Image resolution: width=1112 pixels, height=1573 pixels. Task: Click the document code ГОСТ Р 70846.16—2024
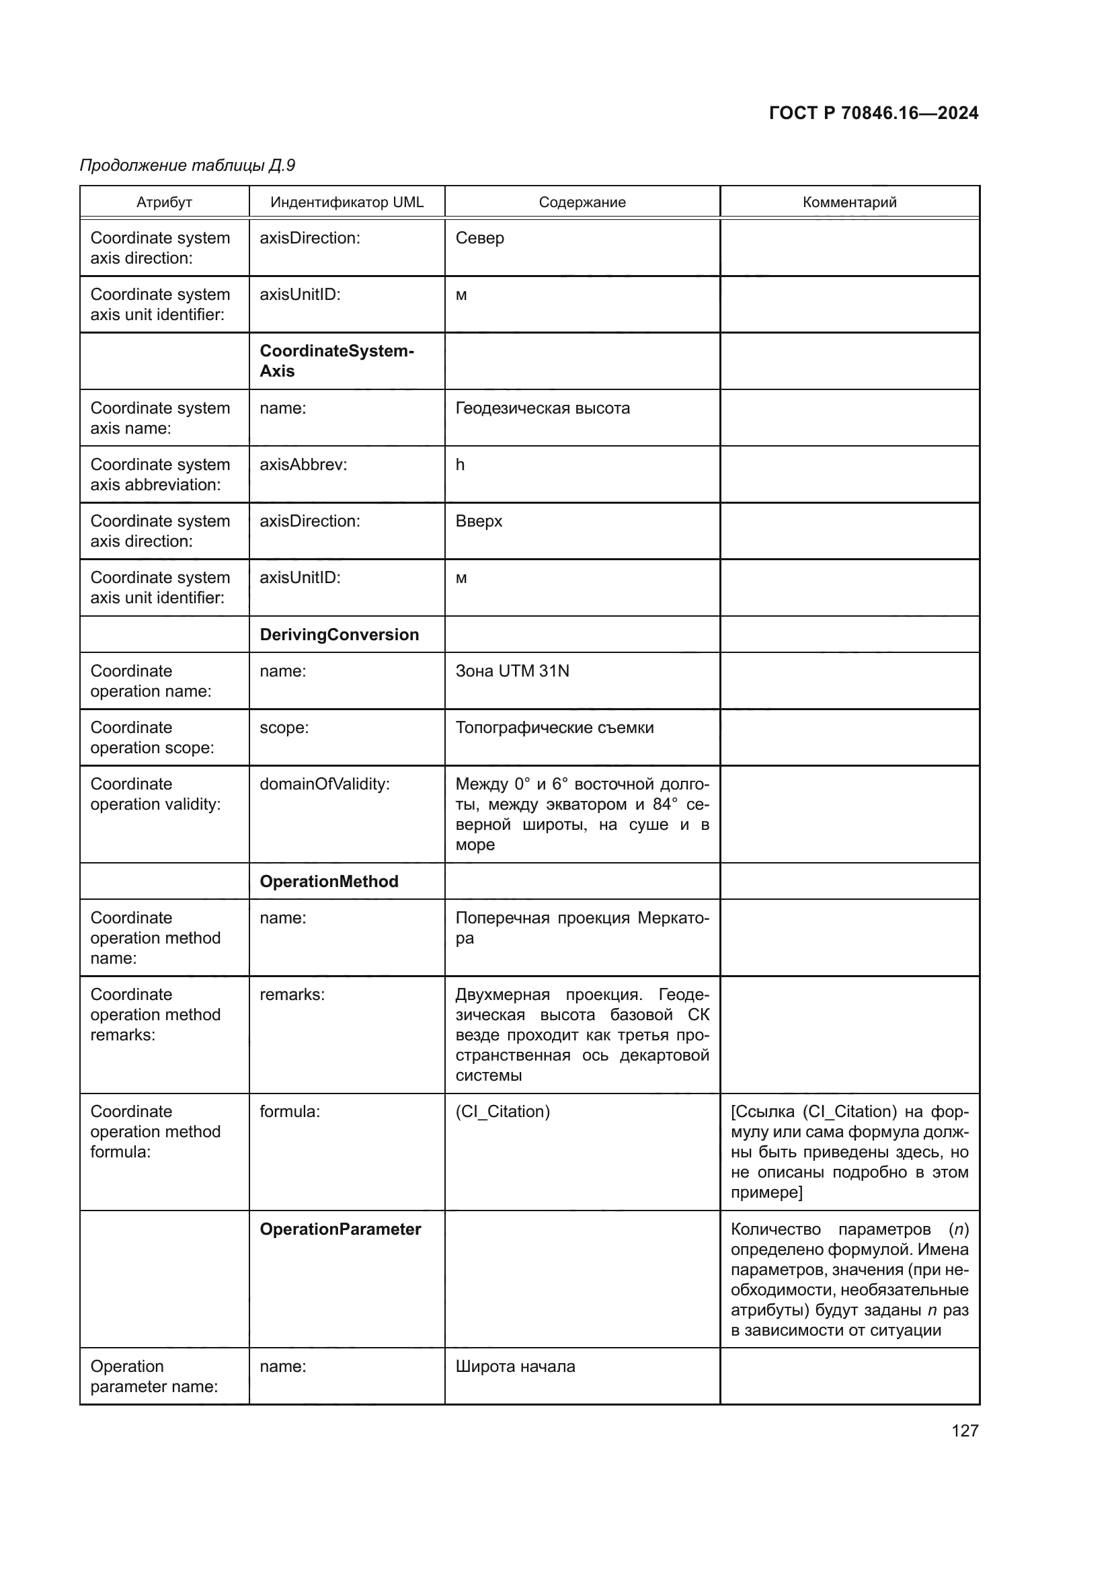coord(874,113)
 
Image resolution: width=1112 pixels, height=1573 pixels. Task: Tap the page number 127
coord(965,1430)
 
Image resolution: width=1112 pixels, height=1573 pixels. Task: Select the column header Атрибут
coord(164,202)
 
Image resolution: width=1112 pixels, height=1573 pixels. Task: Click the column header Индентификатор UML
coord(346,202)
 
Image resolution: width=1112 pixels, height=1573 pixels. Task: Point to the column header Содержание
coord(582,202)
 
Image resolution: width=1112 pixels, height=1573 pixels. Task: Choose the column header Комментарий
coord(849,202)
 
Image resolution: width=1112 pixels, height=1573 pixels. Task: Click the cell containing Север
coord(480,239)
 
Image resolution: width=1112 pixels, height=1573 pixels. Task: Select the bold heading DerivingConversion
coord(339,634)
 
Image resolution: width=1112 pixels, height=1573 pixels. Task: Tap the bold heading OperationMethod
coord(329,881)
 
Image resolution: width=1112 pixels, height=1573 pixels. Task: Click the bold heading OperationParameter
coord(340,1229)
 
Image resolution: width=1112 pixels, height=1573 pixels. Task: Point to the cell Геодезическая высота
coord(543,408)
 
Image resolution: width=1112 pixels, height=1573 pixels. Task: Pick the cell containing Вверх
coord(479,521)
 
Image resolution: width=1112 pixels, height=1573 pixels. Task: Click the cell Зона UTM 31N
coord(512,670)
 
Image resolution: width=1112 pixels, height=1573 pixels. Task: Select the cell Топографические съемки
coord(555,728)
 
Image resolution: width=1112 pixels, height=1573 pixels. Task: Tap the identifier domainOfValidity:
coord(325,784)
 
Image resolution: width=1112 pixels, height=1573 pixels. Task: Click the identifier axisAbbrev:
coord(303,465)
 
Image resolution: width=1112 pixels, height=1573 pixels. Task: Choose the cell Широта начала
coord(515,1366)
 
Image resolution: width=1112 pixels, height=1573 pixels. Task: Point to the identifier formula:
coord(290,1111)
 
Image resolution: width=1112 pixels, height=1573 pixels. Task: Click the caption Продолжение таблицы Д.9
coord(188,165)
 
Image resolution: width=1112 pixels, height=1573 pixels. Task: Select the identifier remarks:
coord(292,995)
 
